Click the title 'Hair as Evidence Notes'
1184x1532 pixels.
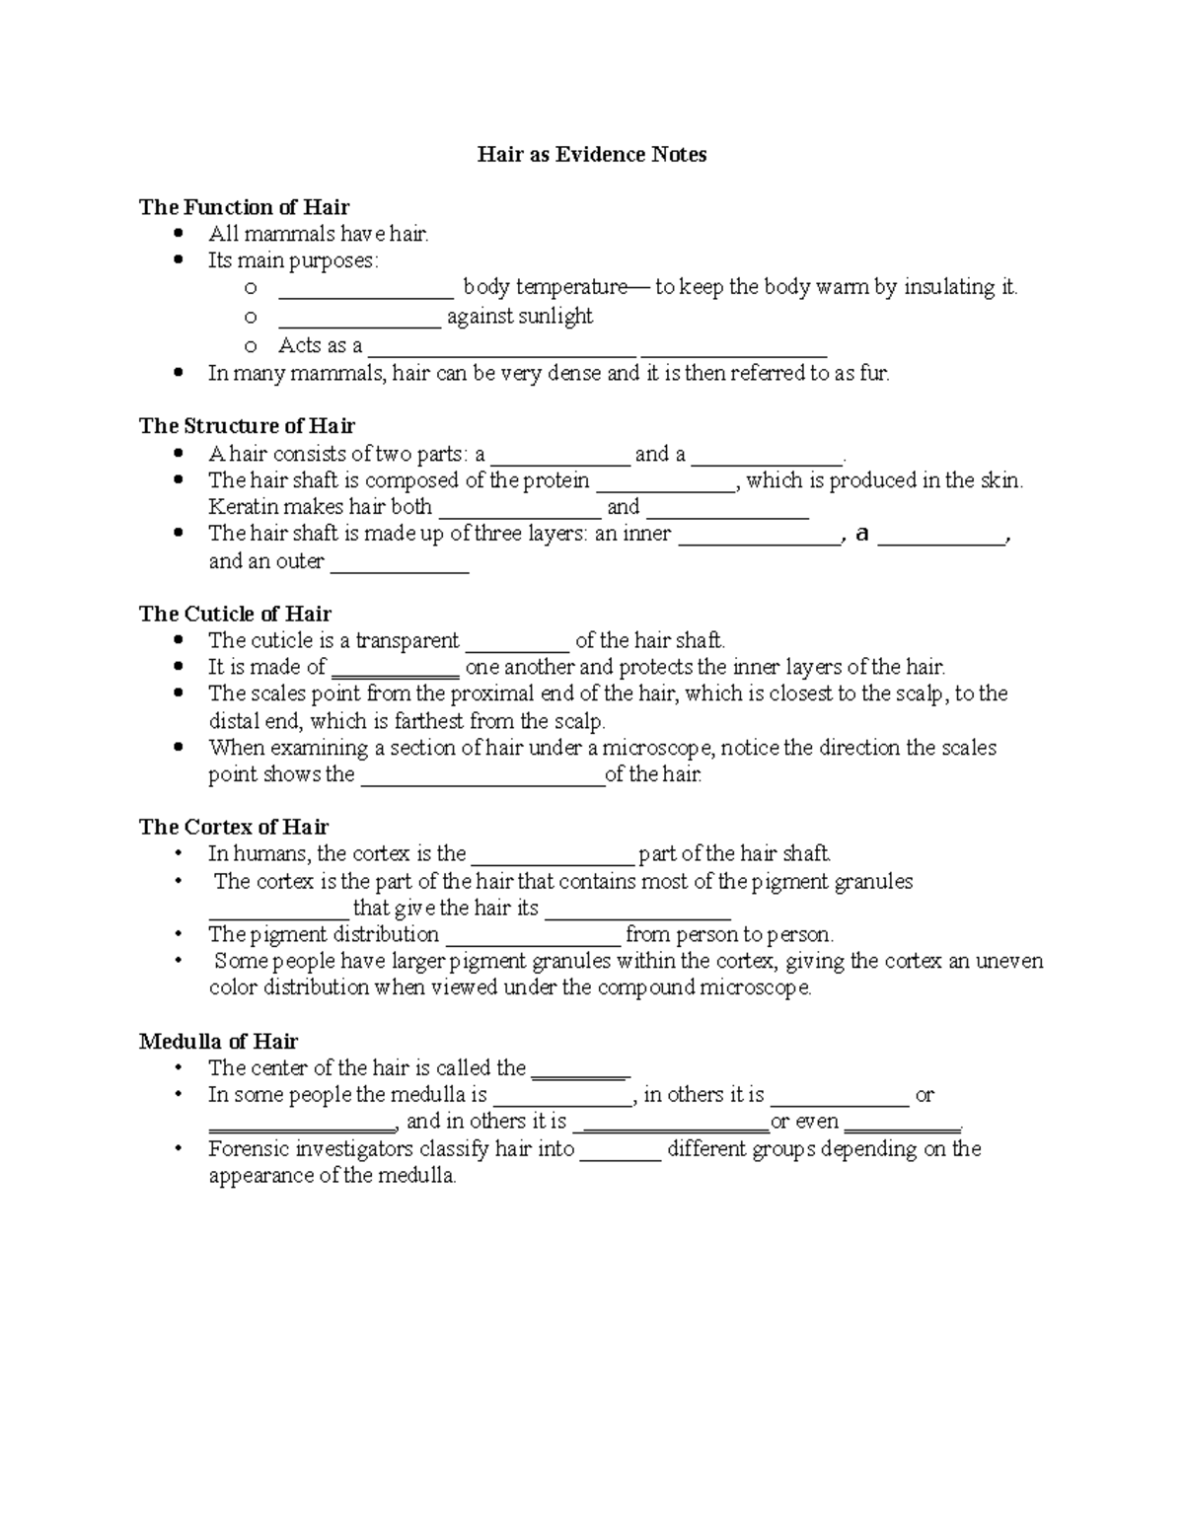point(592,155)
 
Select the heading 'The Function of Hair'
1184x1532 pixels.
point(244,207)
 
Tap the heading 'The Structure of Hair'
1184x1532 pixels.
point(247,426)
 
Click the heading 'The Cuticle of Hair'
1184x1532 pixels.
point(235,614)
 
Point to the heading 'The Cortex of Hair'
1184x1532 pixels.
point(234,827)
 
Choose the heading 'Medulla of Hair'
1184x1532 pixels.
point(218,1042)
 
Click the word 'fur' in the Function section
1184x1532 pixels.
point(874,374)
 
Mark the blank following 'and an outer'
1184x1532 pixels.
point(399,564)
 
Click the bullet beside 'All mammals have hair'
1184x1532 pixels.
point(178,234)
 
